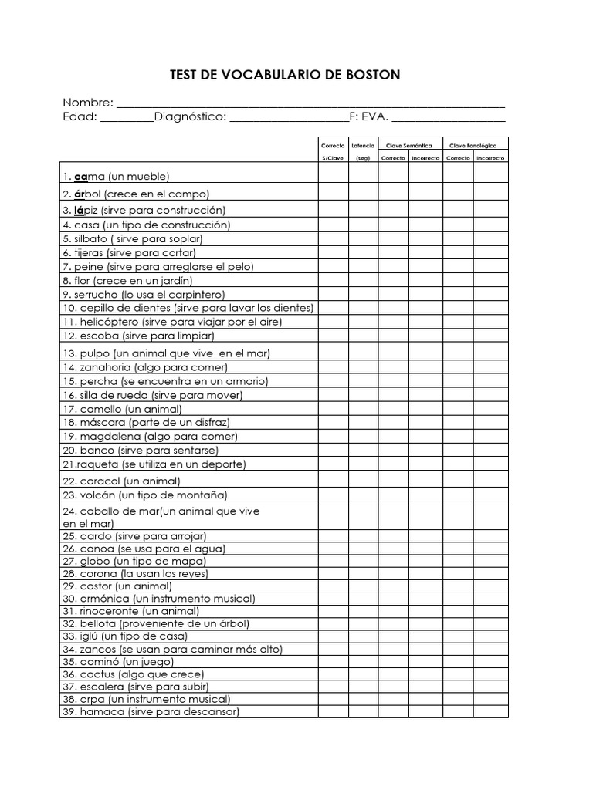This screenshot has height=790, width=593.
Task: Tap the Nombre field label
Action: click(88, 103)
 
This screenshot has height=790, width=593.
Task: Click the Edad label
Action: click(80, 116)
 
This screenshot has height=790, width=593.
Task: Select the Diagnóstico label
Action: click(190, 116)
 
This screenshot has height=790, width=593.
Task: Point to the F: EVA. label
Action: click(369, 116)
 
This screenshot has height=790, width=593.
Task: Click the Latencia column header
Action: click(363, 145)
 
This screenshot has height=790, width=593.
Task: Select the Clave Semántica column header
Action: click(409, 145)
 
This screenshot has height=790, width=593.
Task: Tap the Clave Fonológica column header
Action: click(474, 145)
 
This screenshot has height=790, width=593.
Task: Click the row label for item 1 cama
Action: click(116, 177)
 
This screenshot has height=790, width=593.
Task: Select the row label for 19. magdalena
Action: click(150, 436)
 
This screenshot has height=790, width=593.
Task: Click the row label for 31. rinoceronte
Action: click(130, 611)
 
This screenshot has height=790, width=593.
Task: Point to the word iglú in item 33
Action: click(89, 636)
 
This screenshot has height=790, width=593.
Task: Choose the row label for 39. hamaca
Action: click(151, 711)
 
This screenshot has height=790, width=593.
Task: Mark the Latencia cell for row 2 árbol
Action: click(363, 193)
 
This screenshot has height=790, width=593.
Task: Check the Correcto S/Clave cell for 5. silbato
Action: click(333, 238)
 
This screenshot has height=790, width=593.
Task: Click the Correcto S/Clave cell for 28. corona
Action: click(333, 573)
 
